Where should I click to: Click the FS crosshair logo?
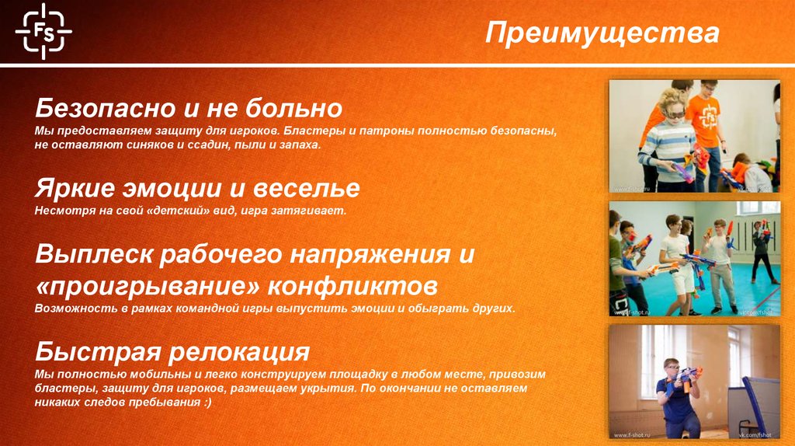(43, 30)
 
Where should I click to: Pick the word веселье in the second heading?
(305, 189)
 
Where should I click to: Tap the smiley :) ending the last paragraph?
(204, 404)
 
